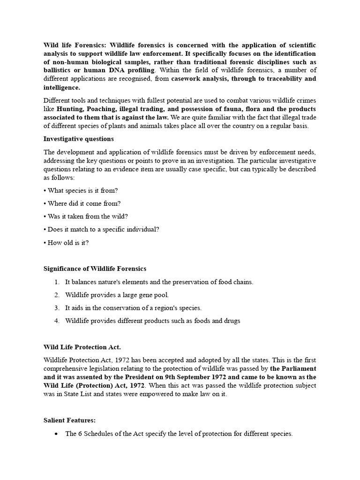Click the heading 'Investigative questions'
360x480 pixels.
pos(78,139)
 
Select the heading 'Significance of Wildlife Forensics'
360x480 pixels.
pos(95,269)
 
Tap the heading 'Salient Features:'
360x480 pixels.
pos(69,420)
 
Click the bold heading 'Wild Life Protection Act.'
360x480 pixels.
pos(82,347)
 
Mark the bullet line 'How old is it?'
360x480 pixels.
pos(66,243)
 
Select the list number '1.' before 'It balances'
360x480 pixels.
pos(57,282)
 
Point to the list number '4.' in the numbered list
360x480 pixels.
pos(57,321)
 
